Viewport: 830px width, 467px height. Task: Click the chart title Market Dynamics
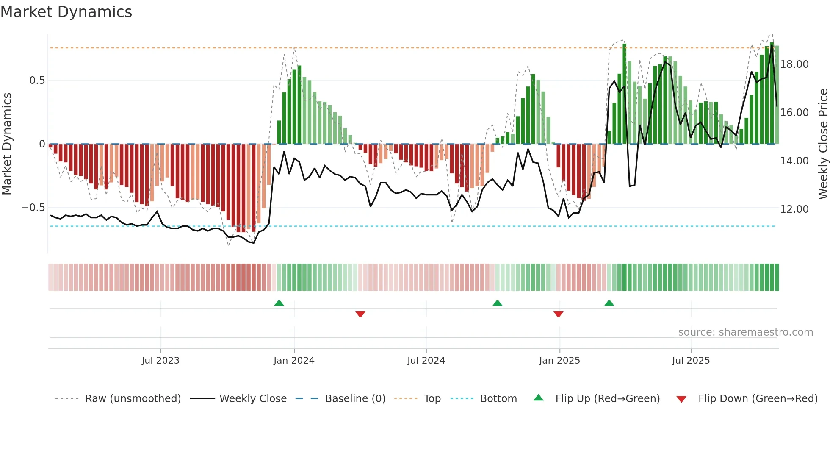click(66, 12)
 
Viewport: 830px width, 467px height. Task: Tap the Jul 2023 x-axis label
click(160, 361)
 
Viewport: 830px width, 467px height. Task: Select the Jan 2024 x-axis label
click(294, 361)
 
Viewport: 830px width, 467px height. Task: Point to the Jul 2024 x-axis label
click(426, 361)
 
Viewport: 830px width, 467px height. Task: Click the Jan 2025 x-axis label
click(559, 361)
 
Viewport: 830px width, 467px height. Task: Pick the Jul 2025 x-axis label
click(691, 361)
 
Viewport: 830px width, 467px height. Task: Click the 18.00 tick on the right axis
click(794, 64)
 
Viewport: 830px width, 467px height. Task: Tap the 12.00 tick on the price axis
click(794, 209)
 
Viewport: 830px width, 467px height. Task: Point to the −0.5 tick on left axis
click(33, 208)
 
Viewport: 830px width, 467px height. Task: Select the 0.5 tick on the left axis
click(37, 81)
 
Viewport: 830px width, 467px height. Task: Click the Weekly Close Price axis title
click(823, 144)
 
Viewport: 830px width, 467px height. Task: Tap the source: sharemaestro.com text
click(745, 332)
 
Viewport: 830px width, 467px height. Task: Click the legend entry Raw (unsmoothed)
click(133, 399)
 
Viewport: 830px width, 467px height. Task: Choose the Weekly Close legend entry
click(253, 399)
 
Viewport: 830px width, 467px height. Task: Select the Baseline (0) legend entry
click(355, 399)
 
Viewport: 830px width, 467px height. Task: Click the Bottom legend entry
click(498, 399)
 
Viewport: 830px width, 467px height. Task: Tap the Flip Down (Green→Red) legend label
click(758, 399)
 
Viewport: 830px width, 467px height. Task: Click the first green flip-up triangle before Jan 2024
click(279, 303)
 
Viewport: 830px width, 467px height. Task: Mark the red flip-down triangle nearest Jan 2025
click(558, 314)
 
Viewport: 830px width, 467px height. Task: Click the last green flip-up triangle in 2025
click(609, 303)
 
